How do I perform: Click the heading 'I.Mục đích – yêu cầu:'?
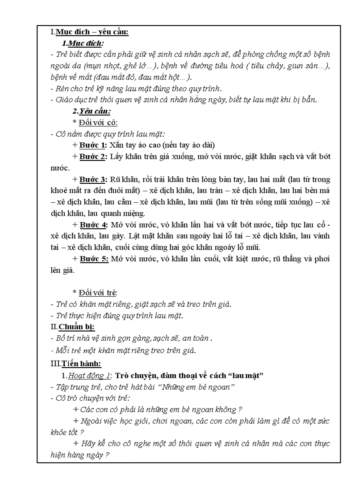point(90,32)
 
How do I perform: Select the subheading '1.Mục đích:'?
point(83,43)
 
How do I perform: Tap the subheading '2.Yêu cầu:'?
point(92,111)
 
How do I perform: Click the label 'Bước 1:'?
point(93,145)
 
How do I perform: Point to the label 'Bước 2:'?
point(93,156)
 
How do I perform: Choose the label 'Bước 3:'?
point(93,179)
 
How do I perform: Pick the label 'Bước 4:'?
point(93,225)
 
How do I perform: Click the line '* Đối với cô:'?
point(95,123)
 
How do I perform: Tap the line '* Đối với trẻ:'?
point(95,292)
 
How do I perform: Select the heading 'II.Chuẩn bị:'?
point(73,327)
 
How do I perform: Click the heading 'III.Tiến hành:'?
point(76,364)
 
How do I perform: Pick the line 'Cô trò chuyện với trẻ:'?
point(90,398)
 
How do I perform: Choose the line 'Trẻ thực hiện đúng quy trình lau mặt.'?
point(117,315)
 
